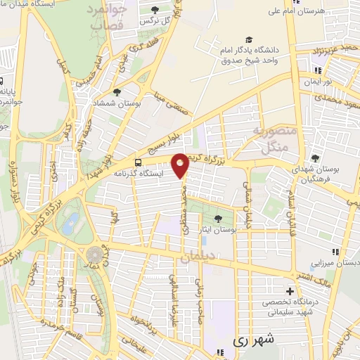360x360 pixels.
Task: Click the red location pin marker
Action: [x=181, y=165]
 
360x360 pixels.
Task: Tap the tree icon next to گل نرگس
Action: [x=155, y=10]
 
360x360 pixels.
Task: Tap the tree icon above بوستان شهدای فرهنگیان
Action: [x=315, y=158]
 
